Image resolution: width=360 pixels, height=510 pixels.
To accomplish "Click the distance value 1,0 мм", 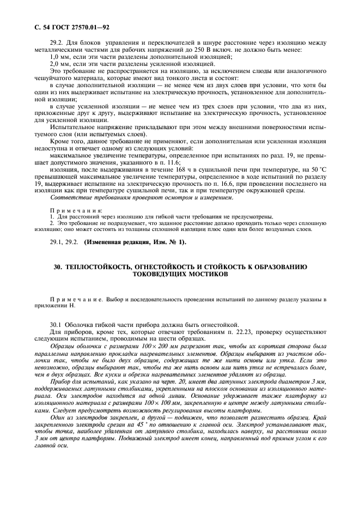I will tap(59, 57).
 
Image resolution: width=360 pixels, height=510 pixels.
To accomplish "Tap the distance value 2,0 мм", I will tap(59, 64).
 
